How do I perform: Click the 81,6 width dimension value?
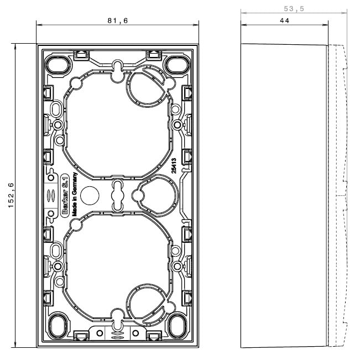point(118,20)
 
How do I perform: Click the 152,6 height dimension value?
point(11,195)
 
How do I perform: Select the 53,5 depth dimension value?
point(294,9)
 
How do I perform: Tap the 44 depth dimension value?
point(284,20)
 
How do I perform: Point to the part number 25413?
point(174,165)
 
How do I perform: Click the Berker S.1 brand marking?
point(65,195)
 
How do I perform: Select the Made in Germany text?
point(75,194)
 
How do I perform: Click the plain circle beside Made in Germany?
point(90,195)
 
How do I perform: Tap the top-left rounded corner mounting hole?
point(58,65)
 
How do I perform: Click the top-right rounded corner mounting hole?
point(178,65)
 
